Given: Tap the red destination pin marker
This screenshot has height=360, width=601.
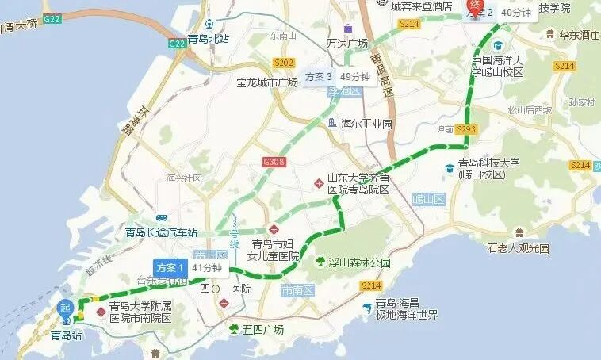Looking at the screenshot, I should (475, 8).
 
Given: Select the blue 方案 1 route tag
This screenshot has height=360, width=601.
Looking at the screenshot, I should (170, 267).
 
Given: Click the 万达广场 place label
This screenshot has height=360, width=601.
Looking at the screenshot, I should (347, 44).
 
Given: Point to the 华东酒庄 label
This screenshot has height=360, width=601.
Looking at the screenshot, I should (576, 35).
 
